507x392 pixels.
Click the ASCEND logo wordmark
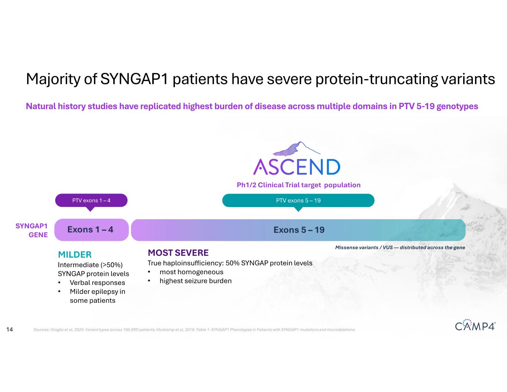point(296,167)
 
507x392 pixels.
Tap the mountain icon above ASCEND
point(296,149)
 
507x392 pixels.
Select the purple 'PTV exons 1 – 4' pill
point(91,200)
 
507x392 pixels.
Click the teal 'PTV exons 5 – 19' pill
point(298,200)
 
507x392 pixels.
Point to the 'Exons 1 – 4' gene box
point(91,230)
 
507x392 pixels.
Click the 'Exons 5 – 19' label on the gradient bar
point(299,230)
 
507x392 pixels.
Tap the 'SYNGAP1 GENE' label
point(32,230)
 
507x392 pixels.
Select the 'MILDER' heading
point(75,255)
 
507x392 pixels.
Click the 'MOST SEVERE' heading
point(178,253)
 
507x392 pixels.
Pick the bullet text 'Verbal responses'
point(97,282)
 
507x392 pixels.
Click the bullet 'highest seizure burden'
point(195,281)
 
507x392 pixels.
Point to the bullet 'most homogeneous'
point(191,272)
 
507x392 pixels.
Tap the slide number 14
point(10,329)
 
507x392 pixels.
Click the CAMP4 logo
point(475,325)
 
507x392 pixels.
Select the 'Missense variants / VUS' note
point(400,247)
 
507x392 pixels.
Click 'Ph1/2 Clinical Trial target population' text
point(298,185)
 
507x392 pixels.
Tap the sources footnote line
point(194,330)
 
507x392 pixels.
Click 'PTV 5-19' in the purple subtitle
point(416,106)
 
